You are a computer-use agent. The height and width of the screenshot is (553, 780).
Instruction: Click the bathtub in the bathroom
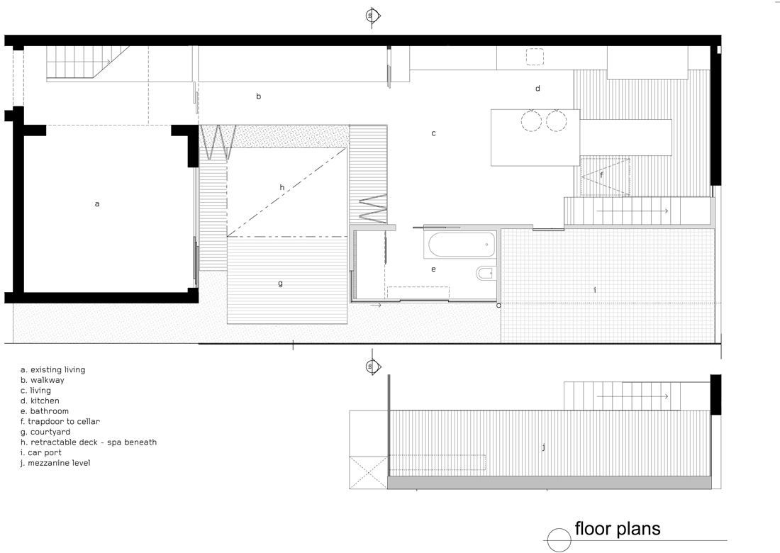462,244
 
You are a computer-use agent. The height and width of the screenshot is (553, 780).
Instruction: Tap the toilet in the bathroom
484,273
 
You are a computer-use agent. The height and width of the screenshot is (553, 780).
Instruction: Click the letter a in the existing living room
97,204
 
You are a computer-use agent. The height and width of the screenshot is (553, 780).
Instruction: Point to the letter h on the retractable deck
282,187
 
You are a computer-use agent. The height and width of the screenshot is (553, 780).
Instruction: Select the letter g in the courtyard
281,284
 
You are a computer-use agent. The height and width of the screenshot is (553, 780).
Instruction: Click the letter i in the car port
595,289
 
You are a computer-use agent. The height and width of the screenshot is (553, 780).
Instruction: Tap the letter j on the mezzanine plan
544,447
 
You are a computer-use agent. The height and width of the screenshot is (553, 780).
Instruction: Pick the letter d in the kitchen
537,89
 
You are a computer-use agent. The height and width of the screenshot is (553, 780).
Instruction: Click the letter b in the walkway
259,96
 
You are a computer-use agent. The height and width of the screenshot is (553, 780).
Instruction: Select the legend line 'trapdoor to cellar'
60,421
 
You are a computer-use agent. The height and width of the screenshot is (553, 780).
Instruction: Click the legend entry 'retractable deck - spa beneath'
89,442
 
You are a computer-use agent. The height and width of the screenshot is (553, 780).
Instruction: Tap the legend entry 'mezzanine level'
56,463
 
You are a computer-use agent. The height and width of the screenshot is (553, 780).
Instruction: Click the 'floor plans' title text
618,529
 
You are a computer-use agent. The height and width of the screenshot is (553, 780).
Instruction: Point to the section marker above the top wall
372,16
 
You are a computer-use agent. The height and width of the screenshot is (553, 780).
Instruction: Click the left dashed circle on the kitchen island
531,121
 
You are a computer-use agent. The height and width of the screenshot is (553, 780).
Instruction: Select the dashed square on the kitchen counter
535,57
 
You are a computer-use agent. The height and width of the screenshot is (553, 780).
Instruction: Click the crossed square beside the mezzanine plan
369,472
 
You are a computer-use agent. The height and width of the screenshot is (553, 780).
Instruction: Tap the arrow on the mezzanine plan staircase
633,396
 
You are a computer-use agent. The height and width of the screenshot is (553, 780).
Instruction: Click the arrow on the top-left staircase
79,62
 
